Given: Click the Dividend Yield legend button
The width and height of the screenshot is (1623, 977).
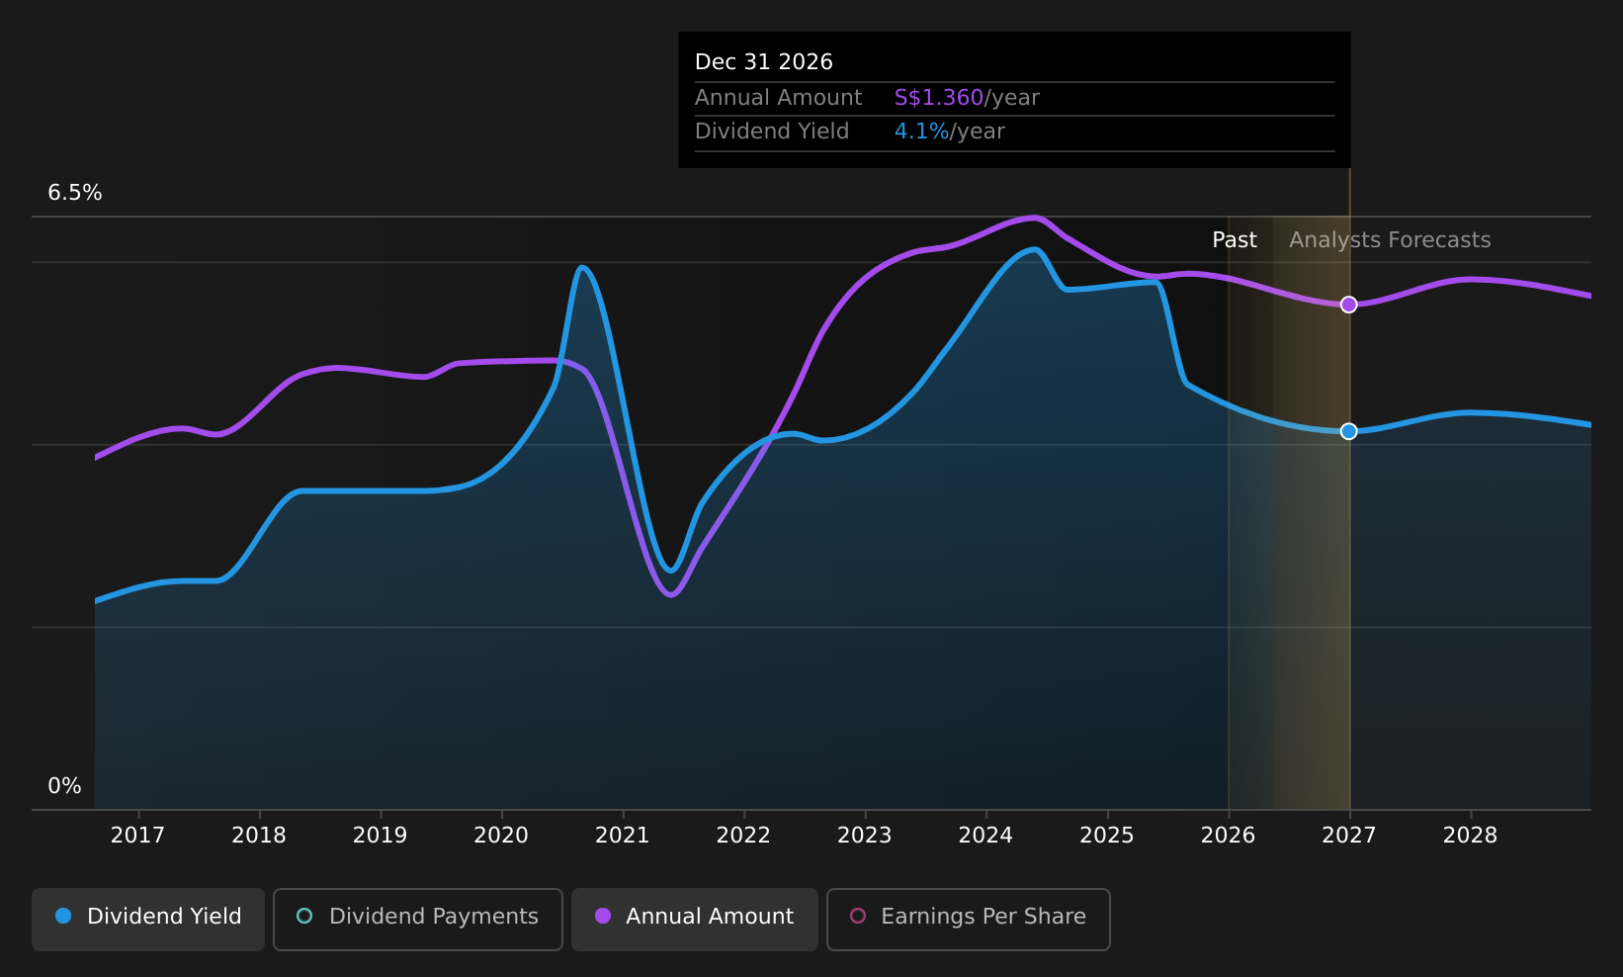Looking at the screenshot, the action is pyautogui.click(x=148, y=919).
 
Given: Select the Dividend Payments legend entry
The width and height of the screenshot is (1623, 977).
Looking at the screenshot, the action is pyautogui.click(x=418, y=919).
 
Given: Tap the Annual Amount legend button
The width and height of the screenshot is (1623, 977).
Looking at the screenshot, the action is pyautogui.click(x=694, y=919).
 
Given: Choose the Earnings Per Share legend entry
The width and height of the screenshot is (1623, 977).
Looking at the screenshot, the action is pyautogui.click(x=968, y=919).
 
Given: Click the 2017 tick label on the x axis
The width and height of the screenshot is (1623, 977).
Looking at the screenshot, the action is pyautogui.click(x=137, y=836).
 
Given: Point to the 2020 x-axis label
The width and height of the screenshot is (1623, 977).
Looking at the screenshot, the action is pyautogui.click(x=501, y=836).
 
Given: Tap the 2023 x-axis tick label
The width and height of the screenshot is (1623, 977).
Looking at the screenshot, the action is pyautogui.click(x=865, y=836).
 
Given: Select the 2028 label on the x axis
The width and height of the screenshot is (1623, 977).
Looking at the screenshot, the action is pyautogui.click(x=1471, y=836).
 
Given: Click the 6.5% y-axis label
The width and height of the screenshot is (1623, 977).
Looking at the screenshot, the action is pyautogui.click(x=75, y=193).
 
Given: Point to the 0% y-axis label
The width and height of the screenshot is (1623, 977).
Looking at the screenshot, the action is pyautogui.click(x=64, y=786).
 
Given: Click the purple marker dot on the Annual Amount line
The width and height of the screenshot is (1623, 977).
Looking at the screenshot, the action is pyautogui.click(x=1348, y=305).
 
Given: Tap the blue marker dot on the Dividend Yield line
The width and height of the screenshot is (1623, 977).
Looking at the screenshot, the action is pyautogui.click(x=1348, y=431).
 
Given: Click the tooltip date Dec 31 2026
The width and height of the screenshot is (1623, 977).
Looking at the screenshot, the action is pyautogui.click(x=764, y=62).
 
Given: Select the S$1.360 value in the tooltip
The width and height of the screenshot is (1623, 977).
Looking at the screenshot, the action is pyautogui.click(x=939, y=98).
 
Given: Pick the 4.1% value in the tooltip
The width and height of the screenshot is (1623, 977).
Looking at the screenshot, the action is pyautogui.click(x=921, y=132).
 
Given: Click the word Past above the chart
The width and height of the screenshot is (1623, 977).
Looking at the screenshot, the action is pyautogui.click(x=1235, y=240).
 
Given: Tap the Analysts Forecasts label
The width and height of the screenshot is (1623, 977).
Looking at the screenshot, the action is pyautogui.click(x=1390, y=240).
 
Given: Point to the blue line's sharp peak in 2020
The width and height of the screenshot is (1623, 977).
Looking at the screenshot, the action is pyautogui.click(x=582, y=267).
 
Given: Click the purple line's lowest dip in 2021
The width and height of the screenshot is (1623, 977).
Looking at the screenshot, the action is pyautogui.click(x=671, y=595).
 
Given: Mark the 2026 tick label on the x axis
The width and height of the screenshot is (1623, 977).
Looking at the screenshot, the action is pyautogui.click(x=1229, y=836).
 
